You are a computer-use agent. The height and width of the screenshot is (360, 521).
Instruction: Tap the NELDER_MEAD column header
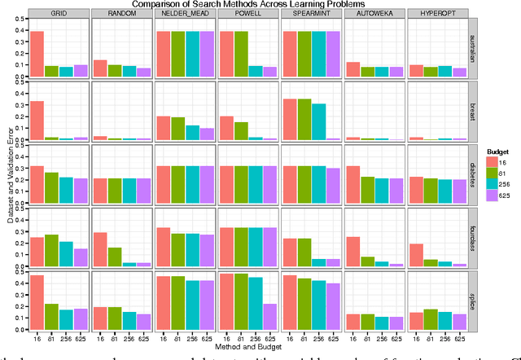[x=186, y=15]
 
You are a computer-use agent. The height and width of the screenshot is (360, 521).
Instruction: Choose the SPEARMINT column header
[x=313, y=15]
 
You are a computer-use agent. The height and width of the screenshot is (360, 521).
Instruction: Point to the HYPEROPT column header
[x=440, y=15]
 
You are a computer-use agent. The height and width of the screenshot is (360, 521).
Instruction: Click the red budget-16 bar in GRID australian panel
[x=37, y=54]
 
